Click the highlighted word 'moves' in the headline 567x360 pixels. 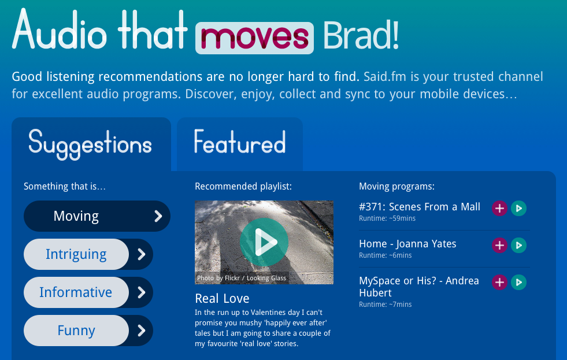tap(254, 38)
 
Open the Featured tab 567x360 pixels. tap(240, 144)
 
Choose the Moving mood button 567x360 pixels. tap(97, 216)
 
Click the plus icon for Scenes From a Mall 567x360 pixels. tap(499, 208)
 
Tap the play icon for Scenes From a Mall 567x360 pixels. tap(518, 208)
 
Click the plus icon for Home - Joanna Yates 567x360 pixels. tap(499, 246)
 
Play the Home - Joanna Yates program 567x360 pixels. tap(518, 246)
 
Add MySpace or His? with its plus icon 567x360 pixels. tap(499, 283)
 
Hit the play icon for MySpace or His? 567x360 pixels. tap(518, 283)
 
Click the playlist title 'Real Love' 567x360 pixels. tap(222, 299)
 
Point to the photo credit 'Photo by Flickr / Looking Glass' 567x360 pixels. tap(242, 278)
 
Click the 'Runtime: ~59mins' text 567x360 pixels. tap(387, 218)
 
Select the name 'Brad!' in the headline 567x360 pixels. tap(361, 35)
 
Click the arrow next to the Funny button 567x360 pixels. tap(142, 331)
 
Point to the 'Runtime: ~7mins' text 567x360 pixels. tap(385, 305)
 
